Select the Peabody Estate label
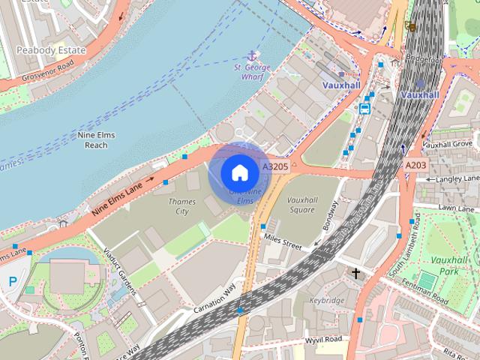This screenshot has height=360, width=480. coord(52,50)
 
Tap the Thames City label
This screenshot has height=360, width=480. coord(182,206)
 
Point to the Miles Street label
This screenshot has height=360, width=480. coord(282,241)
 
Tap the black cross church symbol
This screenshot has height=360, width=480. coord(356,273)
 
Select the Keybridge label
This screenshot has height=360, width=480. coord(327,300)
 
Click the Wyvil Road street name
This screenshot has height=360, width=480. coord(324,339)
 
